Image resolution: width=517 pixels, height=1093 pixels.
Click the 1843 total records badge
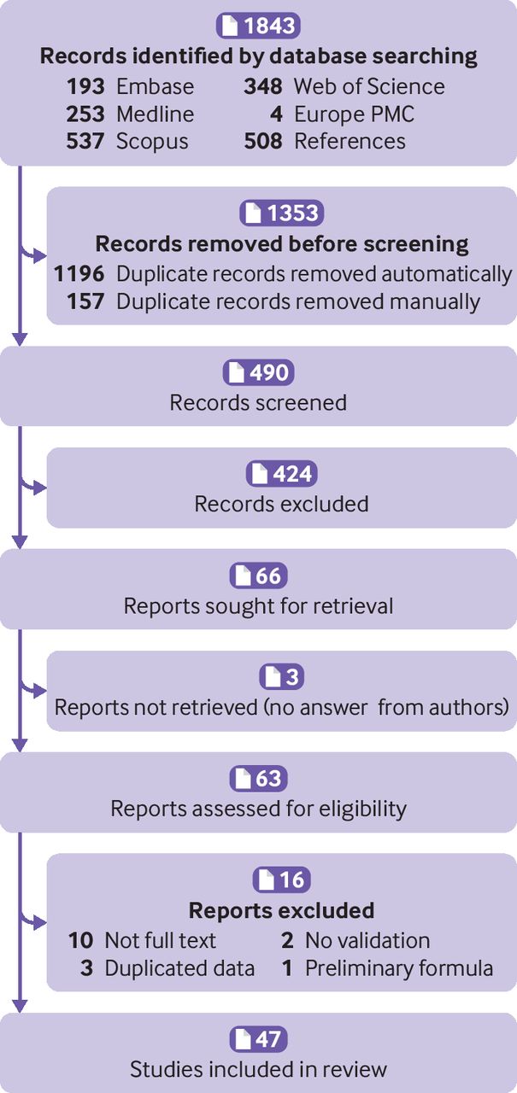point(258,26)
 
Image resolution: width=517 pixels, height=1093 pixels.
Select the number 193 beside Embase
point(85,86)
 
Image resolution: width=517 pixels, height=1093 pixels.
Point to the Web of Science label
point(368,86)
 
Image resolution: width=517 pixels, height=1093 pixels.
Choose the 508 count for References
point(263,140)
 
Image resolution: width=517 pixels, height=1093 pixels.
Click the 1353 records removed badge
point(281,213)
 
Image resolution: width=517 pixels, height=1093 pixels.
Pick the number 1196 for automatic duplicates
point(79,274)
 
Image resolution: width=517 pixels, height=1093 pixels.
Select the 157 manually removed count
point(86,301)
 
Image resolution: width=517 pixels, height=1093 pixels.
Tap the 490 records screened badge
point(258,373)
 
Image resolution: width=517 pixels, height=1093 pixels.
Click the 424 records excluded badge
point(281,474)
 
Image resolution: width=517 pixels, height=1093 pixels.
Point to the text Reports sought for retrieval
point(258,605)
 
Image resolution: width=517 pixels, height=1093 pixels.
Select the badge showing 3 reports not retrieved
point(281,677)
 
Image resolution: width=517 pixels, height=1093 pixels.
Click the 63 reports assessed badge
point(258,779)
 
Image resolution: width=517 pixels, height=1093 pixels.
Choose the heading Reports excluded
point(281,909)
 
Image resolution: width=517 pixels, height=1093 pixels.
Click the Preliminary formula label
point(398,967)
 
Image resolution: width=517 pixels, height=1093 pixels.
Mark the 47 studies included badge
point(258,1039)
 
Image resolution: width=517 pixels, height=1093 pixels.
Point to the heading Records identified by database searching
point(258,56)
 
